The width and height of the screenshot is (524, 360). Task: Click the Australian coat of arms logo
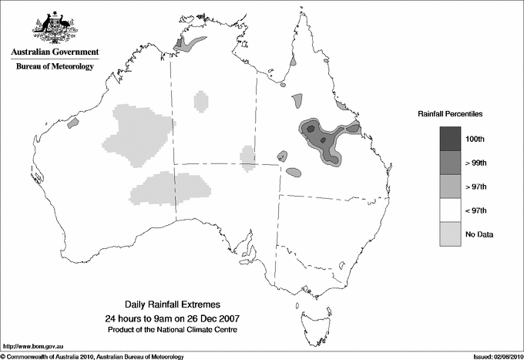point(54,26)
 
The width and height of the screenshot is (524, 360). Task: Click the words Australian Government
point(54,52)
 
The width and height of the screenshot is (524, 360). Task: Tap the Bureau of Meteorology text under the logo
point(54,67)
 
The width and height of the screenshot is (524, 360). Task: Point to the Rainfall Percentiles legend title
point(450,113)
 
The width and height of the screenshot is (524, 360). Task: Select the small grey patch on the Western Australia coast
point(74,122)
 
